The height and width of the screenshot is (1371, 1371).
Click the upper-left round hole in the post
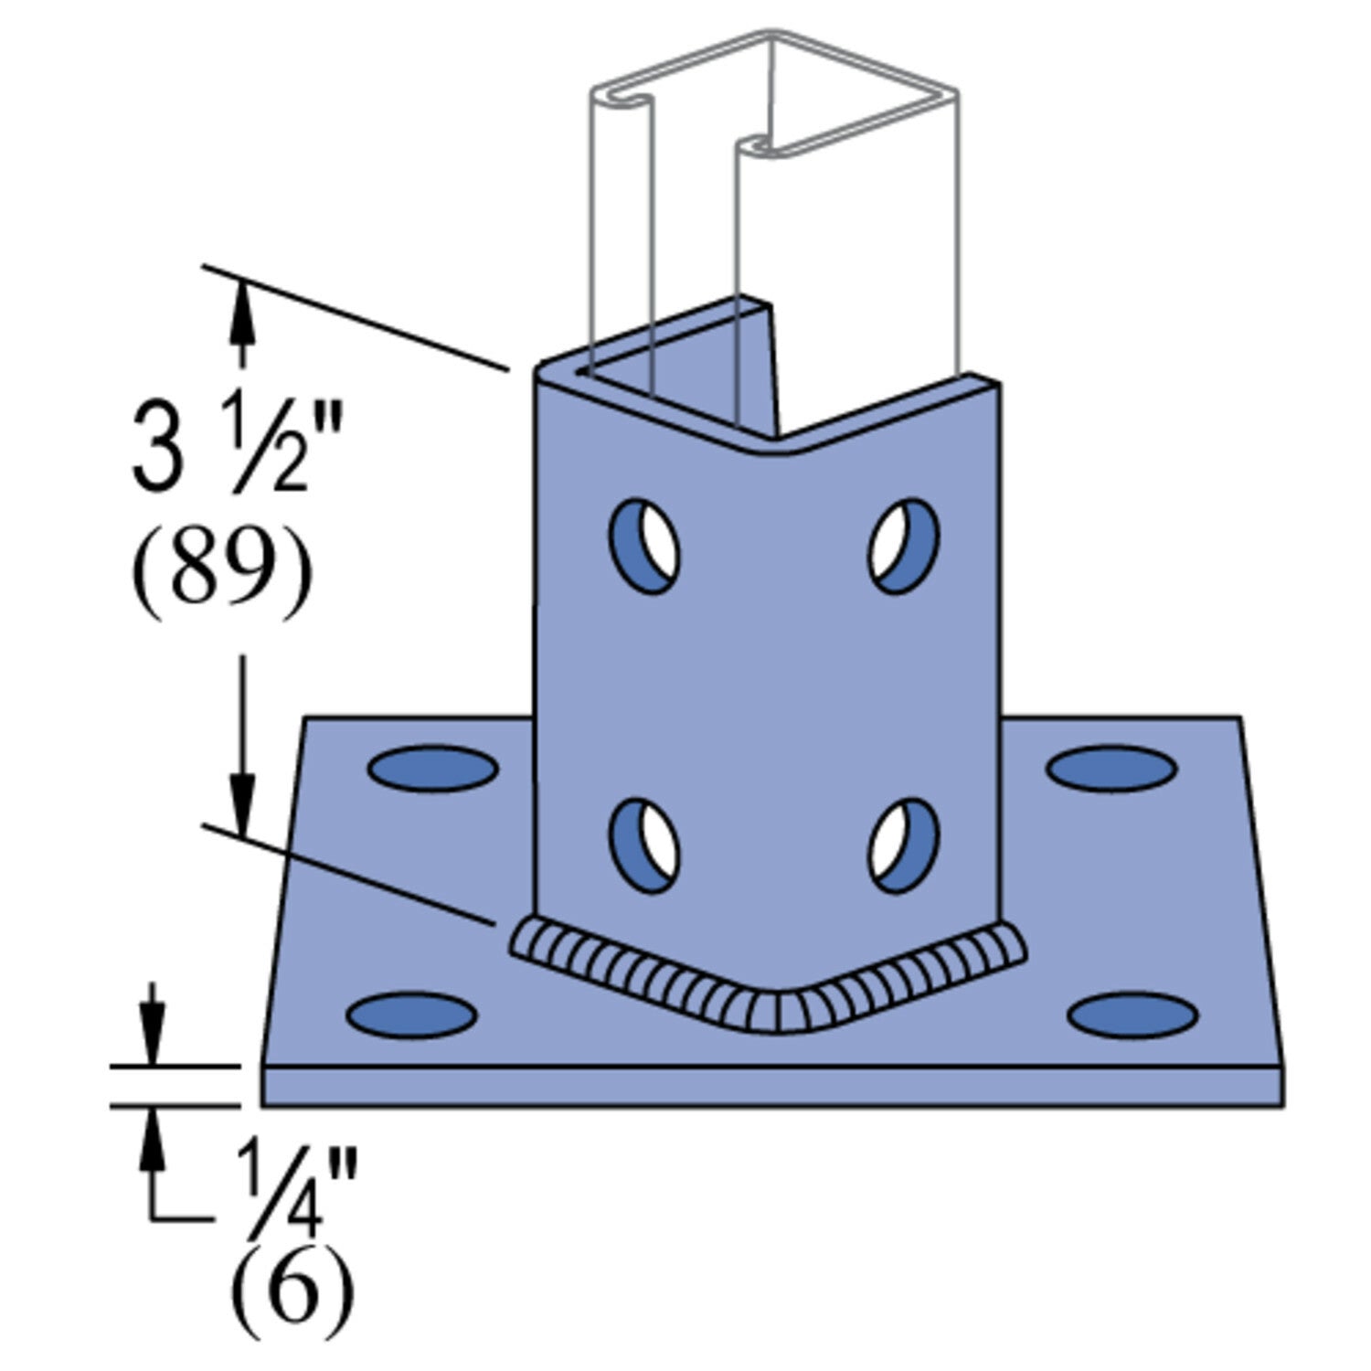[x=644, y=546]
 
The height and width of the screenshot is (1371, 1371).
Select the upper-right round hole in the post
[x=904, y=546]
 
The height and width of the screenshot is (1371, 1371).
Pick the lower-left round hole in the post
[x=644, y=845]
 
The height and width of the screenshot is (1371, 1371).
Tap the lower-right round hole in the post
[x=904, y=845]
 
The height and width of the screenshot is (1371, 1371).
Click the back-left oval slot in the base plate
[x=433, y=767]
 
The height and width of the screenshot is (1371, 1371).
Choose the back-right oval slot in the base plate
[x=1111, y=768]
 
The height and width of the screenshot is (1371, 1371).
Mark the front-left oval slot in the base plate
[x=411, y=1015]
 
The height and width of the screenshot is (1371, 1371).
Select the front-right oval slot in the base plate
[x=1133, y=1015]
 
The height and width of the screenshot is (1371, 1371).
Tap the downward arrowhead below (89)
[x=242, y=804]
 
